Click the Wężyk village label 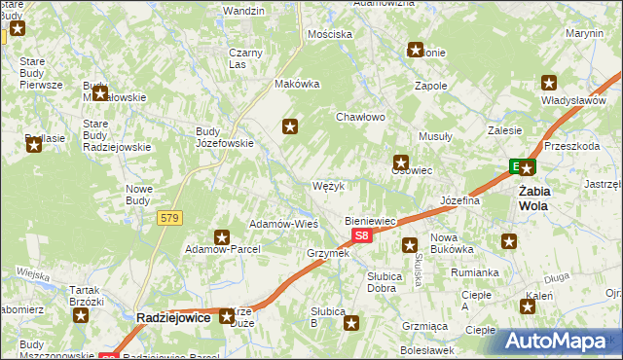point(328,186)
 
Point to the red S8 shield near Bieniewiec point(361,235)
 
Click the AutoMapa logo point(563,341)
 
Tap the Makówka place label point(298,84)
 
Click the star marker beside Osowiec point(400,162)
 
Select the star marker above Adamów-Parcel point(222,236)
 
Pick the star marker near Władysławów point(549,83)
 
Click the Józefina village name point(461,201)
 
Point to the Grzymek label point(327,253)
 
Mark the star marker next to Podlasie point(34,145)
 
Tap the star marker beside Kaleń point(528,306)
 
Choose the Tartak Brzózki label point(87,296)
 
